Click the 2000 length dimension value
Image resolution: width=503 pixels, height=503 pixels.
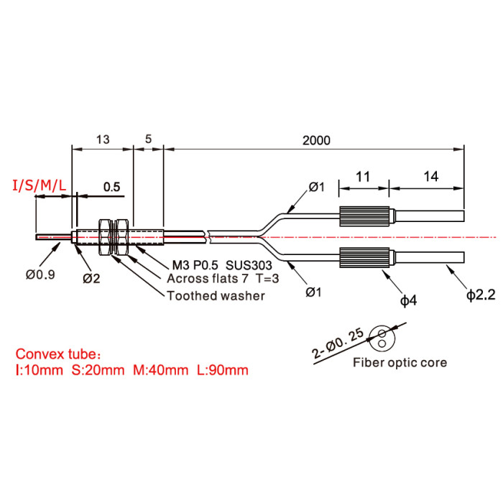[x=316, y=141]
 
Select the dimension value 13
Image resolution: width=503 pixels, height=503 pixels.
[x=103, y=139]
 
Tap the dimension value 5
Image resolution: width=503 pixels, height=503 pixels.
[x=148, y=139]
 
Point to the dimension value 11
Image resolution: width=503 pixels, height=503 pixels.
[x=363, y=177]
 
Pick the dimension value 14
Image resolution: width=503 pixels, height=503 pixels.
[x=431, y=177]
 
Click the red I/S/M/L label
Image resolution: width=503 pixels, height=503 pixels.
[x=39, y=185]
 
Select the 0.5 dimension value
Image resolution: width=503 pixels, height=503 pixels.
[x=111, y=187]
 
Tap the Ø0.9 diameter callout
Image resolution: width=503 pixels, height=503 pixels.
[x=40, y=274]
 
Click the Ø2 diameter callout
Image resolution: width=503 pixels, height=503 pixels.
[x=91, y=279]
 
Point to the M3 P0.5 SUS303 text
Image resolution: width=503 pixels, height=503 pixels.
[x=222, y=265]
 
